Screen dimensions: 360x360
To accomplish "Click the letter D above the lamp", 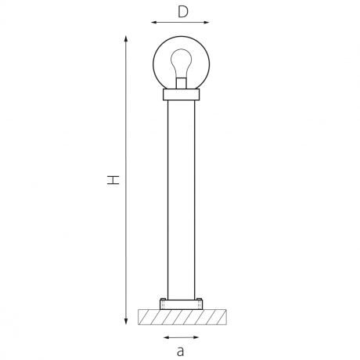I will [182, 11].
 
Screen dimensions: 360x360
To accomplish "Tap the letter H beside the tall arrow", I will [114, 180].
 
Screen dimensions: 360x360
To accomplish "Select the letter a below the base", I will [180, 351].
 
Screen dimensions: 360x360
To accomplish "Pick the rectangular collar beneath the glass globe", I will [181, 95].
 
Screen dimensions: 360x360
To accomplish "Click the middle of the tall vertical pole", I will [181, 200].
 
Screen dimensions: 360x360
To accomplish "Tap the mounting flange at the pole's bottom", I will [181, 304].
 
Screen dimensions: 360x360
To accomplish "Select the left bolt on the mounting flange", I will [163, 302].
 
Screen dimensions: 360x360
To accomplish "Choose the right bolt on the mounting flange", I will [199, 302].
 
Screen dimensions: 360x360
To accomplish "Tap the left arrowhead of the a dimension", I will [164, 337].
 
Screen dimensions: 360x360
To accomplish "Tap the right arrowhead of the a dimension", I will [197, 337].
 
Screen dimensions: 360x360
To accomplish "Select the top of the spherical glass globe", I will [181, 37].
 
